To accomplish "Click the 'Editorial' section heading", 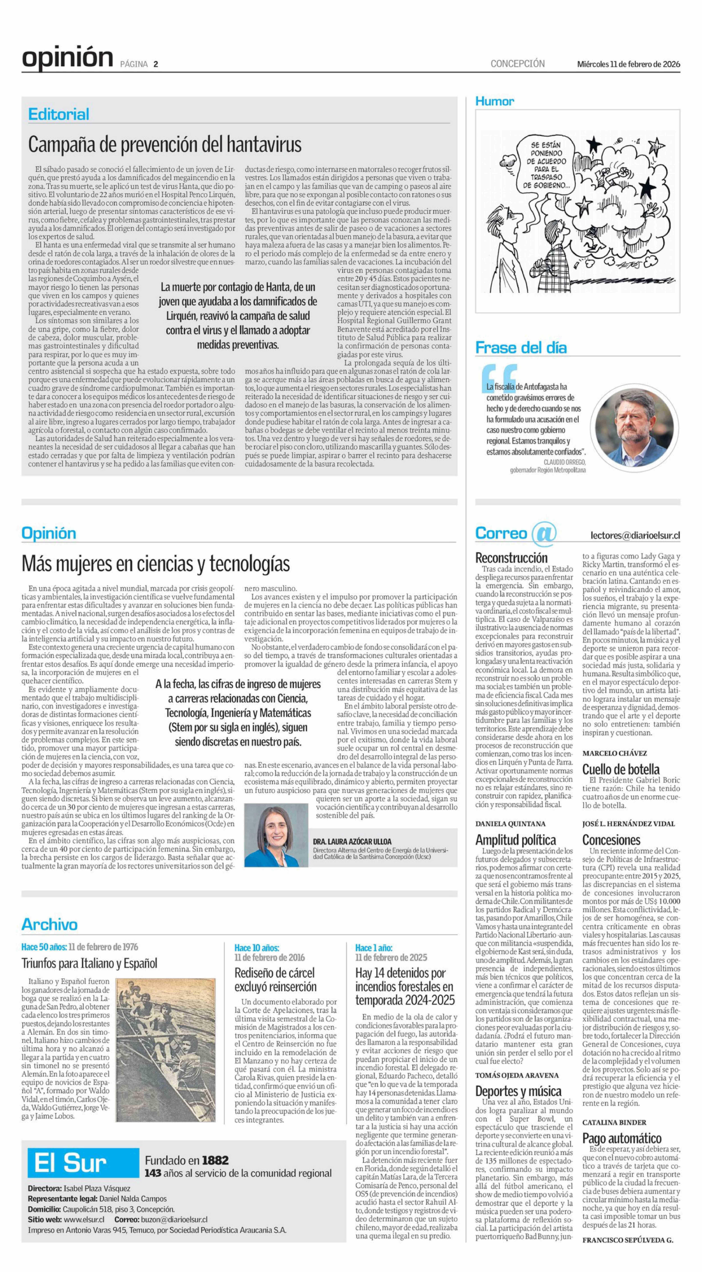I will (x=59, y=115).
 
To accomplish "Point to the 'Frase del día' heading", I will (x=521, y=348).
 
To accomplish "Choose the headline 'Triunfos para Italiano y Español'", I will (x=89, y=963).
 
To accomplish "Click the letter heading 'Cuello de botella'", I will (x=620, y=769).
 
